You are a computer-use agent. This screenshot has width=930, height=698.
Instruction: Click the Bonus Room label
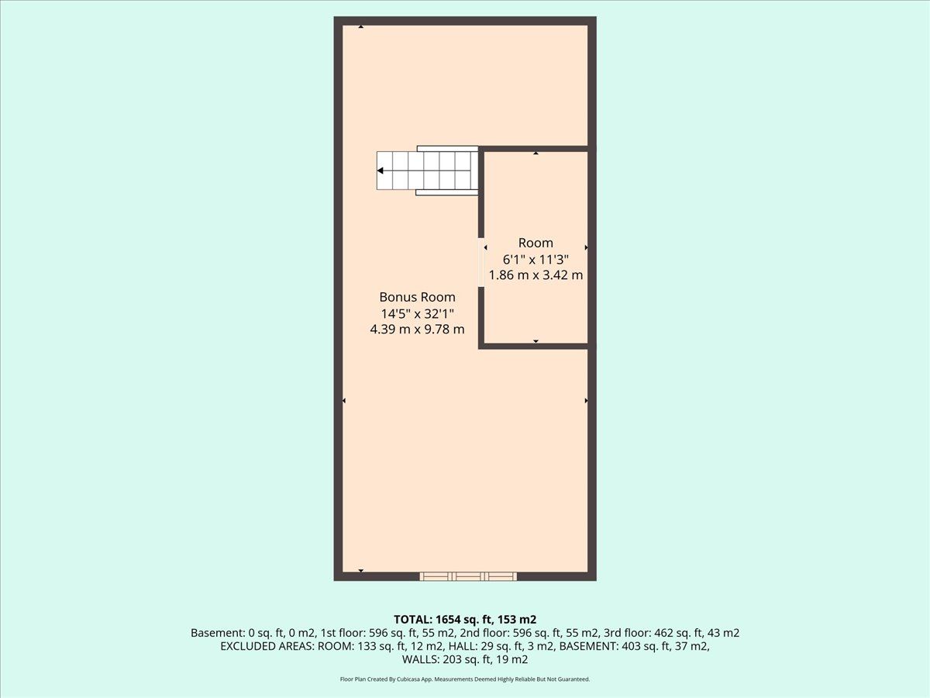tap(417, 297)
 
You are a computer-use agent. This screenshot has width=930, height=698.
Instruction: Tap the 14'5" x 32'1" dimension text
tap(417, 313)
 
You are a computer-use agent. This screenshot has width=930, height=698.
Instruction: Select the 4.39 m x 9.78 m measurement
tap(417, 330)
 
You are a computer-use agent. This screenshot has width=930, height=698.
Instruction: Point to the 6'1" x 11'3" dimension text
tap(536, 259)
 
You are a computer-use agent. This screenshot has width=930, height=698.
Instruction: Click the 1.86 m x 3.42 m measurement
tap(536, 275)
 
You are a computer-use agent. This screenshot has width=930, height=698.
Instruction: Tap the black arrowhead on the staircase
tap(380, 171)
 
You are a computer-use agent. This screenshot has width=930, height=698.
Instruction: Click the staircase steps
tap(427, 171)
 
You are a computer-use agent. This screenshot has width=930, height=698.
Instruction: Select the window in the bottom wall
tap(468, 576)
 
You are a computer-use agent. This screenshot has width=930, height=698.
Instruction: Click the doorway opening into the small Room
tap(481, 262)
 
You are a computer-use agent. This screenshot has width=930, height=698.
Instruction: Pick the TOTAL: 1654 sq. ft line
tap(465, 620)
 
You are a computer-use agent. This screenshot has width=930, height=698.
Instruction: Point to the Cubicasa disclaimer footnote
tap(465, 679)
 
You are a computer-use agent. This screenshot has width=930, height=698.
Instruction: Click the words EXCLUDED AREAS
tap(267, 646)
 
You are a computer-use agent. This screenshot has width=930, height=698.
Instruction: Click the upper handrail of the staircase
tap(448, 149)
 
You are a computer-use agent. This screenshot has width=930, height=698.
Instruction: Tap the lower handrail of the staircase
tap(447, 192)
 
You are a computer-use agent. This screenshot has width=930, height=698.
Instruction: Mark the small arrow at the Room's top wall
tap(536, 153)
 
